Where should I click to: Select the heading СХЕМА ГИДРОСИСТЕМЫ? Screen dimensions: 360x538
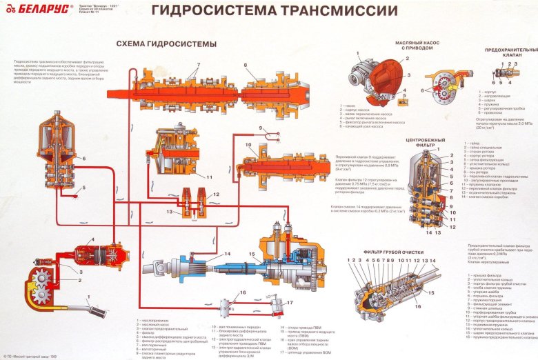tap(166, 43)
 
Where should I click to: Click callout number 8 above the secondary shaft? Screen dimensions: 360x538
tap(244, 66)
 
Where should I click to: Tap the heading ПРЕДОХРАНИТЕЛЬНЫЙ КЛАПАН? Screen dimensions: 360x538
tap(511, 53)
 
